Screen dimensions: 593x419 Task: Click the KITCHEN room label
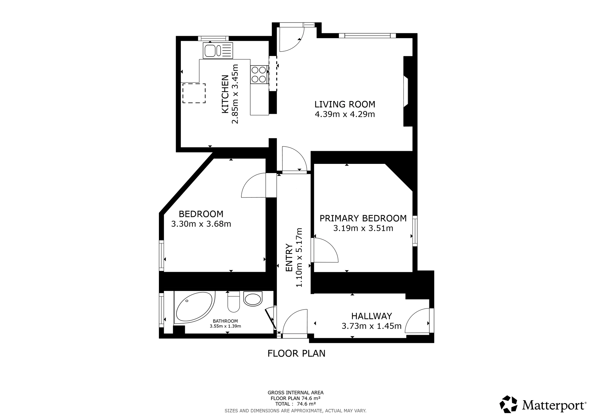(x=225, y=94)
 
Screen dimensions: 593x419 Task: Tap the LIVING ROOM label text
(x=345, y=104)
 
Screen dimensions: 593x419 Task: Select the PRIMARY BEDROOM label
(x=363, y=218)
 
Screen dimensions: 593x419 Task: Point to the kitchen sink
(x=218, y=50)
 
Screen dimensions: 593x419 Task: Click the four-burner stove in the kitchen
(x=259, y=75)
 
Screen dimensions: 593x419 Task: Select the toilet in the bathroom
(x=233, y=302)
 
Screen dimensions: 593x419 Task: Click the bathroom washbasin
(x=253, y=299)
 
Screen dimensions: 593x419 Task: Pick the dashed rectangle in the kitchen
(x=194, y=93)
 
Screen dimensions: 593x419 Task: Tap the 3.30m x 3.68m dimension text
(x=201, y=224)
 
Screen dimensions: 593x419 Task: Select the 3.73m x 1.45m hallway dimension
(x=372, y=326)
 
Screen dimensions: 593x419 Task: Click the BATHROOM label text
(x=225, y=321)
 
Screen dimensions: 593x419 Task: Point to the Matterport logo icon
(x=509, y=404)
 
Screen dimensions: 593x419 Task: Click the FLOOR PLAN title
(x=296, y=354)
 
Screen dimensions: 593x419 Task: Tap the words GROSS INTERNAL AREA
(x=296, y=393)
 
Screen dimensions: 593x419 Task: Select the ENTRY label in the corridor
(x=289, y=258)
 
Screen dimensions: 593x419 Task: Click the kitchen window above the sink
(x=213, y=38)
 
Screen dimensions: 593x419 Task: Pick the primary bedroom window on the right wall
(x=415, y=231)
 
